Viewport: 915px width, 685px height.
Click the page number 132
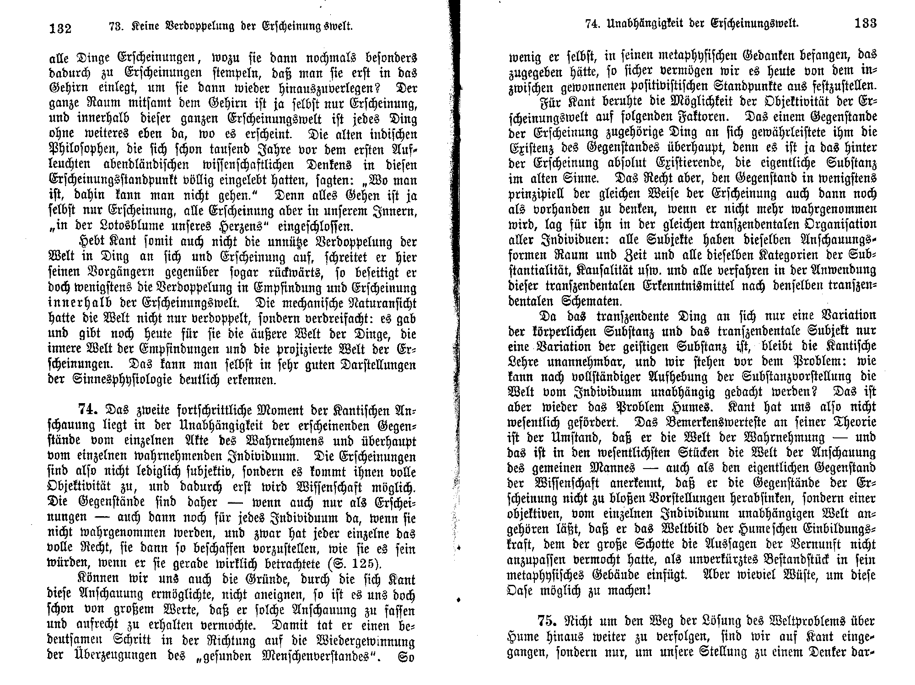(60, 28)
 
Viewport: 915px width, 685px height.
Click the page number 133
(865, 23)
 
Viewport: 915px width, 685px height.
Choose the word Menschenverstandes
(307, 656)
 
